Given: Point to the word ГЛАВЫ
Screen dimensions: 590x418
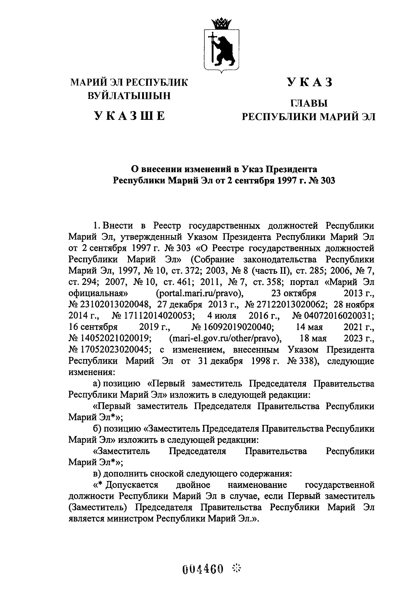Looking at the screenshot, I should coord(309,103).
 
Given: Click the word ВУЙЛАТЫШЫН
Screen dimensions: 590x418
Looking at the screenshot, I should coord(129,95).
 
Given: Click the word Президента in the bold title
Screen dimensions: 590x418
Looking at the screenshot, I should coord(291,170).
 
